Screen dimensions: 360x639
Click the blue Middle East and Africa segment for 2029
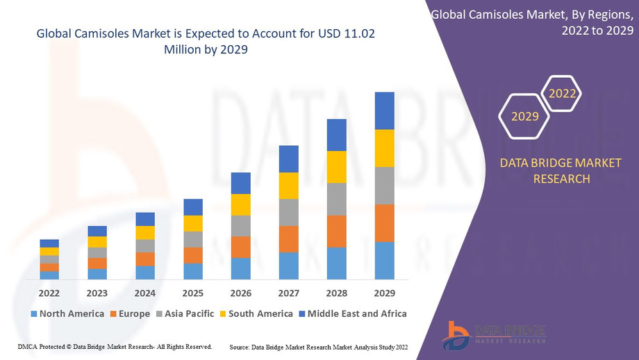click(x=384, y=111)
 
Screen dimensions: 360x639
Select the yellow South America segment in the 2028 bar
click(x=336, y=167)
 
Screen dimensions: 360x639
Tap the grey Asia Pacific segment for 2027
click(x=288, y=213)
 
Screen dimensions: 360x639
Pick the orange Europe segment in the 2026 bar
click(x=240, y=247)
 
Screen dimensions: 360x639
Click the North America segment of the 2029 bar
click(x=384, y=261)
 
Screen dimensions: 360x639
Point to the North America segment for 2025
click(x=193, y=271)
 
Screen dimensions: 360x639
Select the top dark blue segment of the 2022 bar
click(x=49, y=243)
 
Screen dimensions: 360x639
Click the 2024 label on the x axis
click(x=145, y=293)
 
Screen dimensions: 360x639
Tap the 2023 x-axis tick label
click(x=97, y=293)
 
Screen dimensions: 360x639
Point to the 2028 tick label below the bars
click(x=336, y=293)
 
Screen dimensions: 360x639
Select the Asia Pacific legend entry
click(x=184, y=313)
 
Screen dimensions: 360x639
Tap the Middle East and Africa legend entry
click(x=352, y=313)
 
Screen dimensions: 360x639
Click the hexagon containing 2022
click(x=562, y=93)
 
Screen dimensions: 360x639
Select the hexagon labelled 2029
click(x=525, y=116)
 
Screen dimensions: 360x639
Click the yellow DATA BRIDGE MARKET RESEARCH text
click(x=561, y=171)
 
